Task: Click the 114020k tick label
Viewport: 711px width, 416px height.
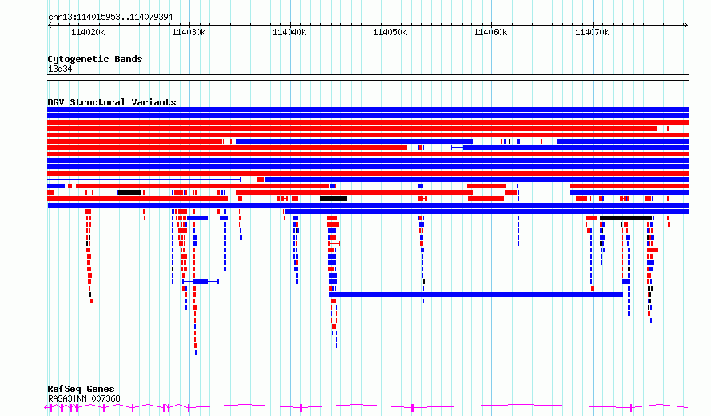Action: click(88, 33)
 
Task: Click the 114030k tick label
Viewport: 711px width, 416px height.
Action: click(189, 33)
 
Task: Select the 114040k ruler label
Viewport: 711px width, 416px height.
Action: click(289, 33)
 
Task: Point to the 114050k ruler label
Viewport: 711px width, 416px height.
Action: click(390, 33)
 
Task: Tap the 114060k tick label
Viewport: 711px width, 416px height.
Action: click(491, 33)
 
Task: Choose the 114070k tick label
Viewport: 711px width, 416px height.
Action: click(592, 33)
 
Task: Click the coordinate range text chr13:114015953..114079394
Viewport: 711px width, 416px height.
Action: click(110, 18)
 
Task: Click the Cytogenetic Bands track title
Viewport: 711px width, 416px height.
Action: click(95, 59)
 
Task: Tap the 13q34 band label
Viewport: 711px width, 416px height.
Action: click(60, 69)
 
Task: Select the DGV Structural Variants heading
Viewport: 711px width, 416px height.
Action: click(112, 102)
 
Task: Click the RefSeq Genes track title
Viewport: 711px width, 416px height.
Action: click(81, 390)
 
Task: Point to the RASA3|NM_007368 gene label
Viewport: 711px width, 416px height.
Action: click(84, 399)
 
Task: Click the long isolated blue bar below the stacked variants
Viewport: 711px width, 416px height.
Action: click(476, 295)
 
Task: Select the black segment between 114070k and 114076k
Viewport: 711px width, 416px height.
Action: click(626, 218)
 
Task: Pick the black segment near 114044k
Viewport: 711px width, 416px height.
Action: click(333, 199)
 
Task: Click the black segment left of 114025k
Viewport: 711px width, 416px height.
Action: click(129, 192)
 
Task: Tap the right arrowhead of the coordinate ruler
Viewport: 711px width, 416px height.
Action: click(686, 26)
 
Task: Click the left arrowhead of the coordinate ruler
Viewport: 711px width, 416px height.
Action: click(49, 26)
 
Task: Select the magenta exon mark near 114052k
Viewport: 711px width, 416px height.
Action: click(413, 408)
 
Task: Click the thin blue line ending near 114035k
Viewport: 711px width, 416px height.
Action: click(144, 180)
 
